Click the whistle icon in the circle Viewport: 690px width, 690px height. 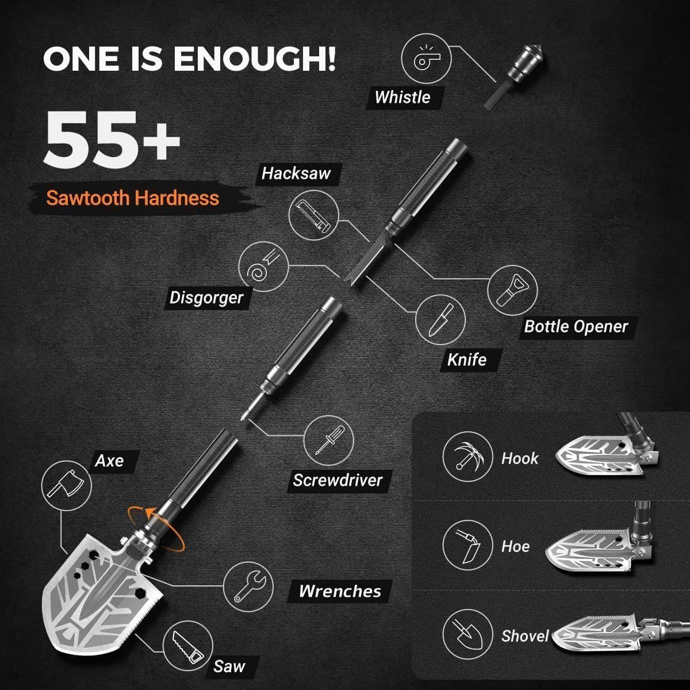click(426, 59)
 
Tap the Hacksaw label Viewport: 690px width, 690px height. click(296, 174)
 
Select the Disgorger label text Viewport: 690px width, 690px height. click(206, 298)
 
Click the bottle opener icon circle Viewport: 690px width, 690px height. click(512, 290)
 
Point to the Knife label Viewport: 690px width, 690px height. click(467, 360)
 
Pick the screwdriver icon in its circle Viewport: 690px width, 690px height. click(328, 440)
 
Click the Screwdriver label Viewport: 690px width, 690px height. click(338, 480)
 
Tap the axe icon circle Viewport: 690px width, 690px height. click(67, 486)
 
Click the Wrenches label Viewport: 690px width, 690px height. click(340, 591)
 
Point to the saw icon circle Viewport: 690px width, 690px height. click(188, 646)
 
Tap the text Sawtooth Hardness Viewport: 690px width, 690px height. click(132, 198)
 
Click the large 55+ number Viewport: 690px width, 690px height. click(112, 140)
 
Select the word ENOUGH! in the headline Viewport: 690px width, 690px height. click(255, 59)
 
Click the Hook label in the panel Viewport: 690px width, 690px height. click(520, 459)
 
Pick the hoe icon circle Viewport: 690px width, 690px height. click(468, 545)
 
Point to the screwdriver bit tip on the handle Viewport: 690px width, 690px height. click(243, 417)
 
